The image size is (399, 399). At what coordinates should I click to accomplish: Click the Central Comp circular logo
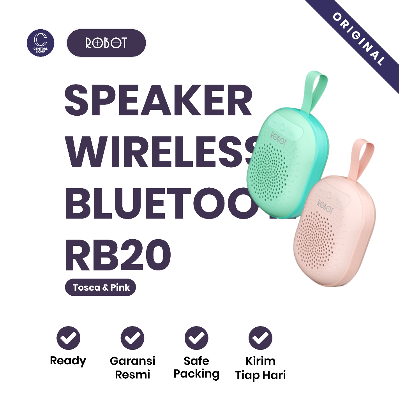click(41, 43)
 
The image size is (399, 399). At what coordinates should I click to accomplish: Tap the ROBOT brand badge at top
click(106, 43)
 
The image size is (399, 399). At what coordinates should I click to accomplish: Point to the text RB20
click(118, 256)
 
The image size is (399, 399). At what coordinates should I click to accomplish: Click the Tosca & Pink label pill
click(101, 288)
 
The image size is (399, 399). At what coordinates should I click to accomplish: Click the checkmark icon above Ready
click(68, 337)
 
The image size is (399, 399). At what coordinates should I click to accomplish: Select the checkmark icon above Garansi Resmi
click(132, 337)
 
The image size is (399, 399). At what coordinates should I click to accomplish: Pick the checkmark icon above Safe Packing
click(196, 337)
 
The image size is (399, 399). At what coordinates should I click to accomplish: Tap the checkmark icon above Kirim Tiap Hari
click(260, 337)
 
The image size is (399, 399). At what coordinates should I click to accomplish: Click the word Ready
click(68, 361)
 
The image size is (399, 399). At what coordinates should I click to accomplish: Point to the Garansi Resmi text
click(132, 368)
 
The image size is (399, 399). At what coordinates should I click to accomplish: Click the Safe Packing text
click(196, 367)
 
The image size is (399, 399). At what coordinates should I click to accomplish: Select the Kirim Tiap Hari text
click(260, 368)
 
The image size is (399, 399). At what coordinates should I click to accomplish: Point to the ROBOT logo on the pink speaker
click(325, 207)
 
